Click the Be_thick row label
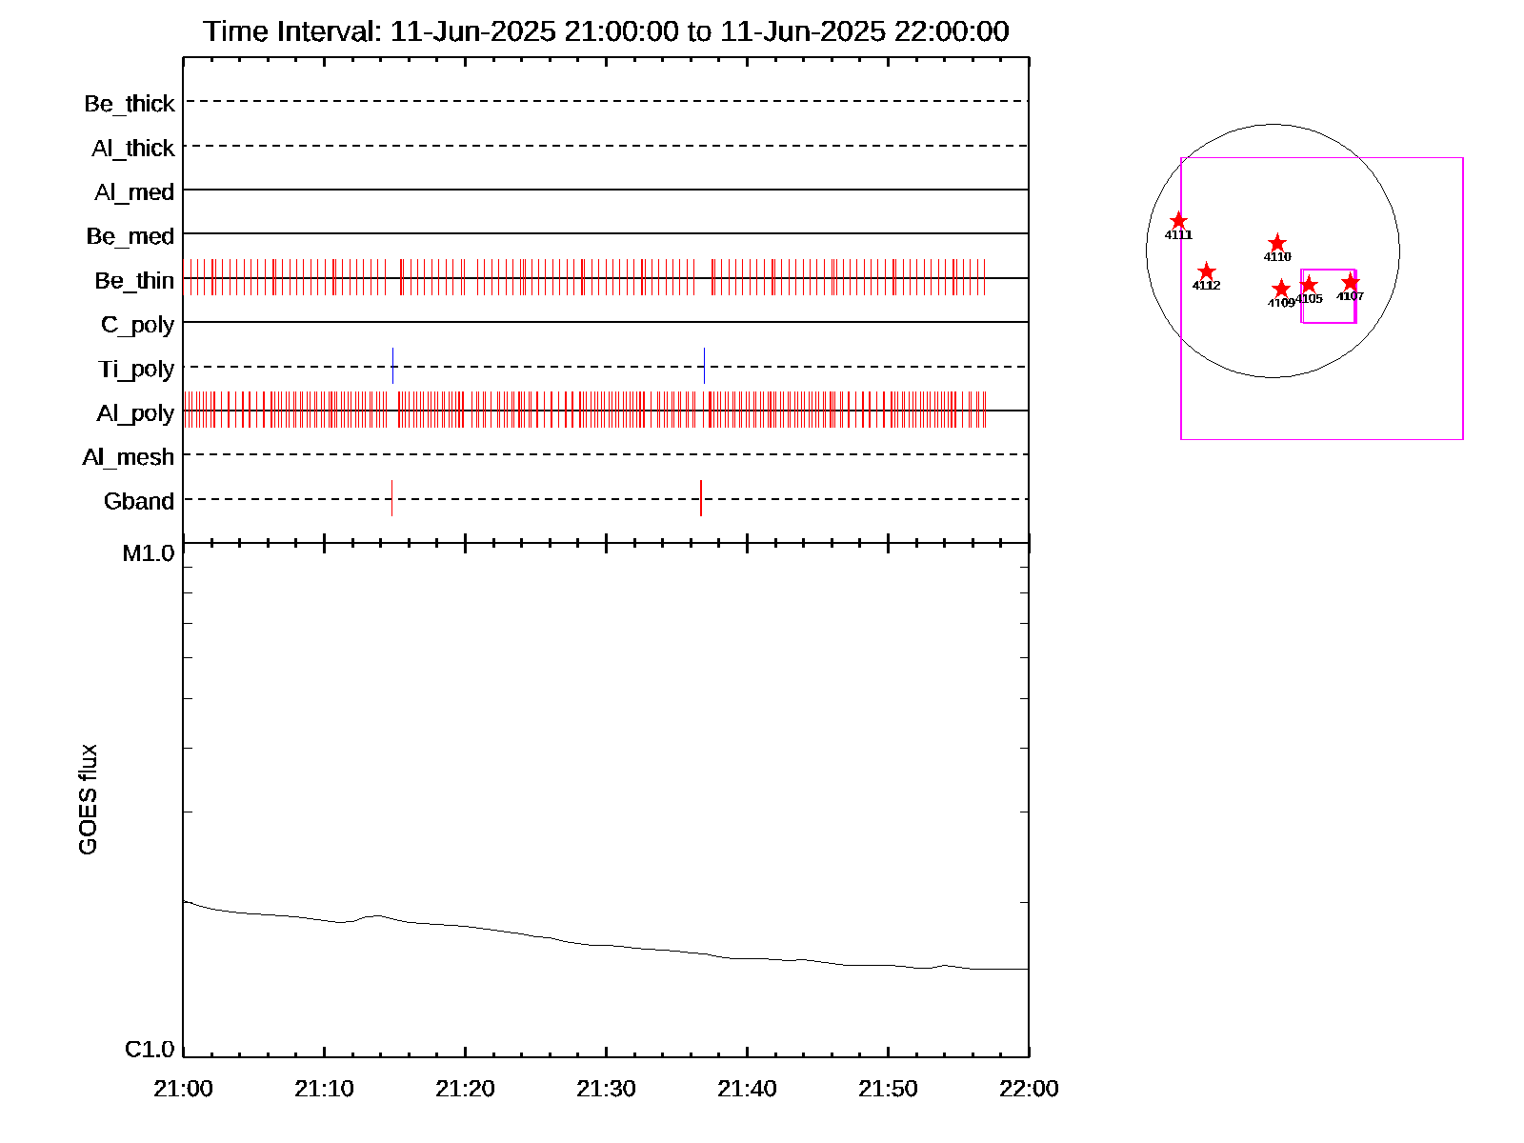(x=130, y=104)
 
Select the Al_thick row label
(x=132, y=149)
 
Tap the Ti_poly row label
(x=136, y=369)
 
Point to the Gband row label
(x=139, y=501)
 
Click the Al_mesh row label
(x=129, y=457)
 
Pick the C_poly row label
(x=138, y=325)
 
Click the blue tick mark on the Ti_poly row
(x=392, y=366)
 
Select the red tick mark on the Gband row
(x=701, y=498)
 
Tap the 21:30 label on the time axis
(x=606, y=1089)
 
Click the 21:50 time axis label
(x=888, y=1089)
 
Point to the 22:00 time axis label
(x=1029, y=1089)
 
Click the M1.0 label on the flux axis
(x=149, y=553)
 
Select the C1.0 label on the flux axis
(x=150, y=1050)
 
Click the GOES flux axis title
(x=88, y=800)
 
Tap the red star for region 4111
(x=1178, y=221)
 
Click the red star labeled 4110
(x=1277, y=244)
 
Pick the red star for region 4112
(x=1206, y=272)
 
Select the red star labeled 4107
(x=1351, y=282)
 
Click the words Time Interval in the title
(x=291, y=31)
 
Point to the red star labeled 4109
(x=1281, y=289)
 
